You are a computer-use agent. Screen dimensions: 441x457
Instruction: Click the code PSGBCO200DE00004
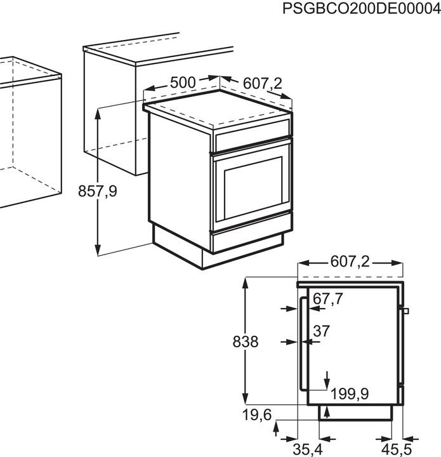(362, 9)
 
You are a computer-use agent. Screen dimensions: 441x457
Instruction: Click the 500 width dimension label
(183, 83)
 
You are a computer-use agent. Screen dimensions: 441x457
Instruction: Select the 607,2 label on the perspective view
(263, 84)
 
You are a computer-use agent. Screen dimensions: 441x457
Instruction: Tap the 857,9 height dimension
(97, 192)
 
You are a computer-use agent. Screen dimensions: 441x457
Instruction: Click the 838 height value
(246, 341)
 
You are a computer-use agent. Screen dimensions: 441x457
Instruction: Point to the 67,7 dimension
(327, 299)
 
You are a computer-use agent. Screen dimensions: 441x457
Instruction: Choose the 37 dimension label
(321, 331)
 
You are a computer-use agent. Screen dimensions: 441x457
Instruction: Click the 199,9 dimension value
(350, 394)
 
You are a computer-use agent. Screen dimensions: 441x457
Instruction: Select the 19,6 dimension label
(256, 414)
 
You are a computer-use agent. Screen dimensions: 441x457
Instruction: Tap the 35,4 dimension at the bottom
(308, 449)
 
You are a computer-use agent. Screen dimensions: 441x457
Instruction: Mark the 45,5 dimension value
(397, 449)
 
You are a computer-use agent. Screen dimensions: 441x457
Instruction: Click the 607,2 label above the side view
(350, 262)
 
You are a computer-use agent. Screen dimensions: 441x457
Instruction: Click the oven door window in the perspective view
(253, 188)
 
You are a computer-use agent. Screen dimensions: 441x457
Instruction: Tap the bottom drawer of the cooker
(248, 242)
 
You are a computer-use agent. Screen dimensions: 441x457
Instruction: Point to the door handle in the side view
(303, 343)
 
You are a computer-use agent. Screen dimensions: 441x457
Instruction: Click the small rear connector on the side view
(406, 311)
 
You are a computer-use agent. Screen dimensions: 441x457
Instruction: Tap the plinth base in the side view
(355, 413)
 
